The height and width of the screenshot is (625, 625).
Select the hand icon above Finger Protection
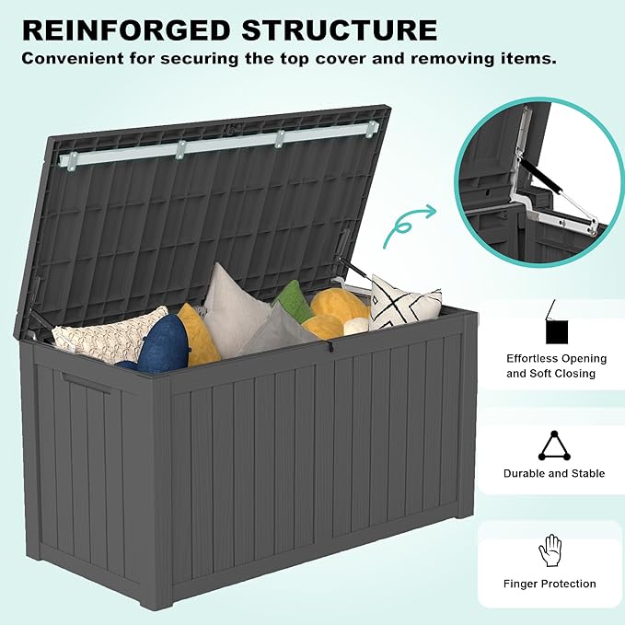550,550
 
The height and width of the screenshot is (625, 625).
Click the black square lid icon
555,329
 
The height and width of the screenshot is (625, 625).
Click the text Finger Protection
550,584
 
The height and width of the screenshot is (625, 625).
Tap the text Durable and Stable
554,473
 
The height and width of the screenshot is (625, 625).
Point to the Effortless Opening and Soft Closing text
556,366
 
